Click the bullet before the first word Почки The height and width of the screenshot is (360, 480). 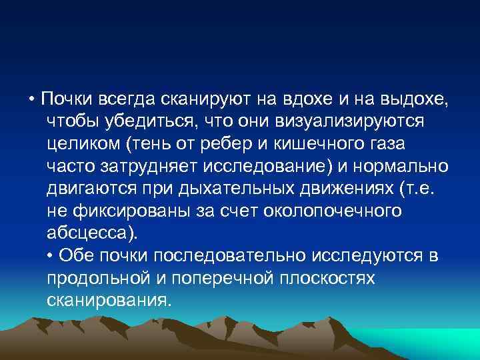tap(31, 100)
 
